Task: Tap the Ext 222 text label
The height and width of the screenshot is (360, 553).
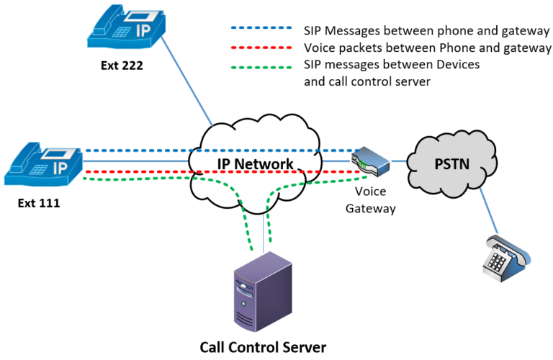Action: (x=122, y=67)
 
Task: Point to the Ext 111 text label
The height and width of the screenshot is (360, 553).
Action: (x=39, y=204)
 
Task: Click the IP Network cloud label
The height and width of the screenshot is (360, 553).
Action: (x=256, y=164)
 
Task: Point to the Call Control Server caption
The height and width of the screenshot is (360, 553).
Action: (x=263, y=347)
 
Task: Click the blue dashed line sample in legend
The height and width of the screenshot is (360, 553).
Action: (x=259, y=30)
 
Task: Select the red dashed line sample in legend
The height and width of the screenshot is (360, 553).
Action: (x=259, y=48)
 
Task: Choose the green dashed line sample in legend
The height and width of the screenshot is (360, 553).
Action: (x=259, y=66)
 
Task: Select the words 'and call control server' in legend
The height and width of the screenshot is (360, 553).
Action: (x=367, y=82)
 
